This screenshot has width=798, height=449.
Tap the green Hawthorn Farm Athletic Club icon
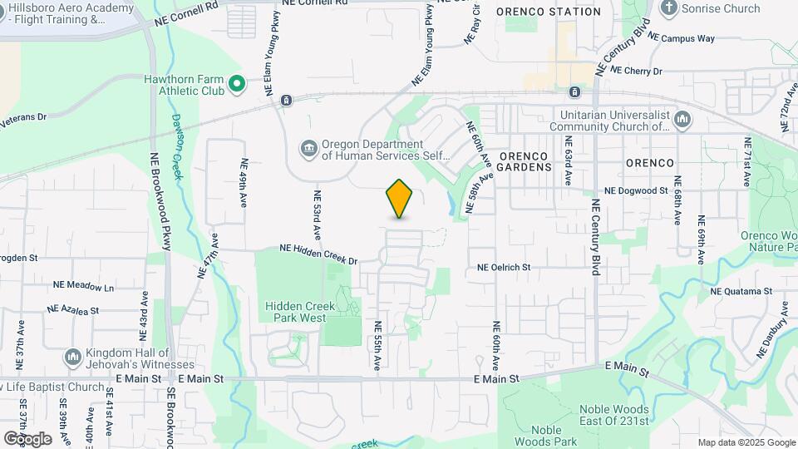pyautogui.click(x=237, y=84)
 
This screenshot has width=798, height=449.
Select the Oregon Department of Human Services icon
pyautogui.click(x=309, y=148)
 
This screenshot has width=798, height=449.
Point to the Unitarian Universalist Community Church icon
pyautogui.click(x=682, y=120)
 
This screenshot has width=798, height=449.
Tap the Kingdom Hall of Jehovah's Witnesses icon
pyautogui.click(x=72, y=358)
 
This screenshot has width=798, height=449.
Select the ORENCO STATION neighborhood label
pyautogui.click(x=549, y=12)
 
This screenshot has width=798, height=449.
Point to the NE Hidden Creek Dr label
pyautogui.click(x=318, y=254)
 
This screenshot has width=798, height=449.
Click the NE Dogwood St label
pyautogui.click(x=636, y=190)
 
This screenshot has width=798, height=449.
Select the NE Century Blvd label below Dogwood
pyautogui.click(x=595, y=237)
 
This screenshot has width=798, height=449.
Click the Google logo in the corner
pyautogui.click(x=27, y=438)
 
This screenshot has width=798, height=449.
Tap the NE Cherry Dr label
pyautogui.click(x=636, y=72)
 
